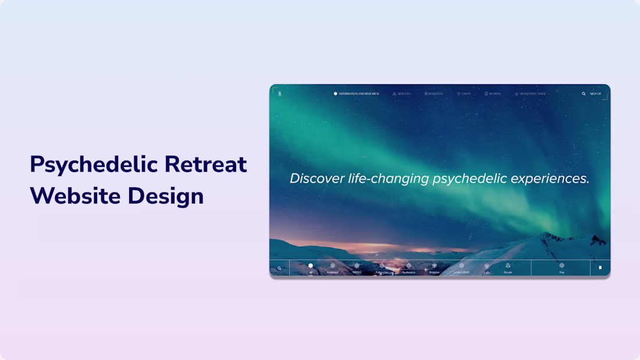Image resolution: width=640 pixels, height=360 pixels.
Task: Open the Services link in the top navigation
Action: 401,94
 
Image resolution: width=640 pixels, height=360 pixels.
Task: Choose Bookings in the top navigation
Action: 433,94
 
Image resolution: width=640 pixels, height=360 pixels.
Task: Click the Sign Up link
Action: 595,94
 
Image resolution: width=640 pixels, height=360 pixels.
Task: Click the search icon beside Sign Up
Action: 584,94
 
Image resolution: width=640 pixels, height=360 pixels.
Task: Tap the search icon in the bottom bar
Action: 279,268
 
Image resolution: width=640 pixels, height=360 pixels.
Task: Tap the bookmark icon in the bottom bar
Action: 600,268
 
